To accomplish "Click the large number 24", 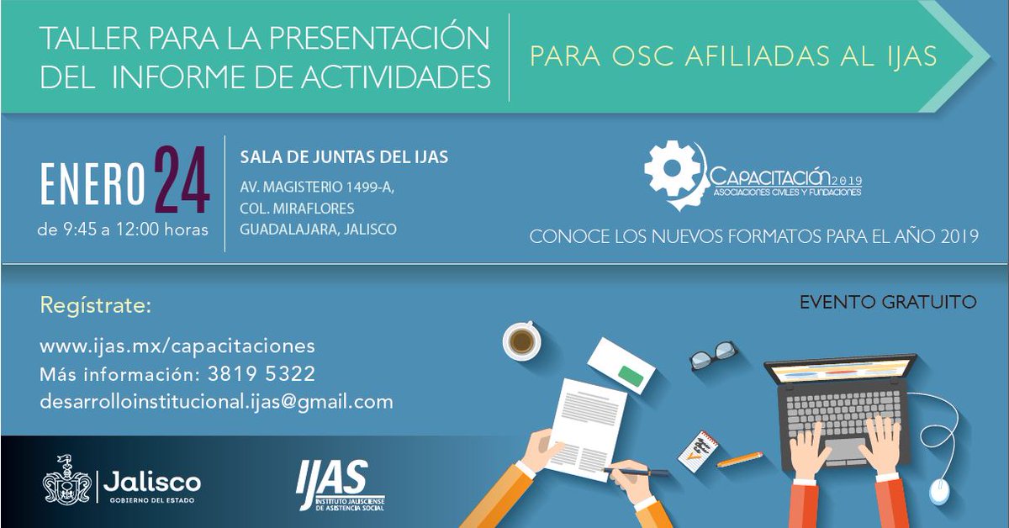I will [181, 180].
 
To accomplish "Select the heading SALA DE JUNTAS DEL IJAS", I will [344, 157].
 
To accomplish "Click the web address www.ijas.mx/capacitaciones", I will [177, 346].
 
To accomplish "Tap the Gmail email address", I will [216, 402].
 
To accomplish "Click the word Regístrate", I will [95, 305].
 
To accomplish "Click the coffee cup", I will [520, 340].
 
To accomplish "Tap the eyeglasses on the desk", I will [713, 356].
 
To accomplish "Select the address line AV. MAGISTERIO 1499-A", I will [317, 187].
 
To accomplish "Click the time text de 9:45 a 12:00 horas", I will [124, 228].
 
